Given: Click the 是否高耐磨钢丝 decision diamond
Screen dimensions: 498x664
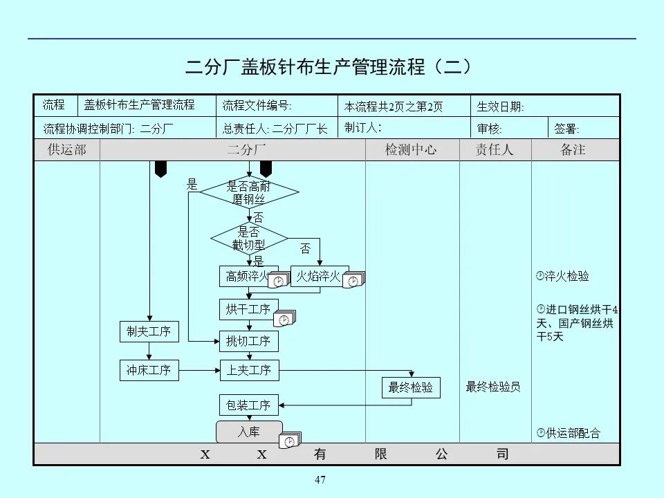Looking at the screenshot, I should point(249,192).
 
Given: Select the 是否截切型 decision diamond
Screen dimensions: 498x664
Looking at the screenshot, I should point(249,238).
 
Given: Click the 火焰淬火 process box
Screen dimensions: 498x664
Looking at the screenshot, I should point(318,277).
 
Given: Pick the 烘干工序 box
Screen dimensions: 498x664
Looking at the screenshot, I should point(248,309).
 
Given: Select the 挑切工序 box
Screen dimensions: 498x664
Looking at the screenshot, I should point(248,341).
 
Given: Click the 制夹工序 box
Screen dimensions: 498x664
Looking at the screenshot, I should point(148,332).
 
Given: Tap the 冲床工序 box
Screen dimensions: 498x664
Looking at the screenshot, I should point(148,370).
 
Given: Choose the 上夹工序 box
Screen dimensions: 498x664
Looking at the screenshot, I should point(248,370).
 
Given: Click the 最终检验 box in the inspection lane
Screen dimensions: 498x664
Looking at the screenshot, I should point(411,387).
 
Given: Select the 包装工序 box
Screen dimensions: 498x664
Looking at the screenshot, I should point(248,405).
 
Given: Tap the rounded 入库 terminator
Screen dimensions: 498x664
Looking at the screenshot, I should point(249,432).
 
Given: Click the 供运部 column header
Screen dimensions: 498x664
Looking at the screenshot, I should point(66,150).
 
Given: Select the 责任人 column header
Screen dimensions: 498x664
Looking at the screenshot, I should point(495,150).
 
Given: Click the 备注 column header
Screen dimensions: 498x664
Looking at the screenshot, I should point(573,150).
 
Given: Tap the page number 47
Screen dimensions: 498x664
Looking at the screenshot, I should point(320,480).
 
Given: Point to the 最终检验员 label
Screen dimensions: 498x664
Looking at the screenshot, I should point(493,387).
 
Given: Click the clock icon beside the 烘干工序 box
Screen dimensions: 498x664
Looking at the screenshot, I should point(284,320).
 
